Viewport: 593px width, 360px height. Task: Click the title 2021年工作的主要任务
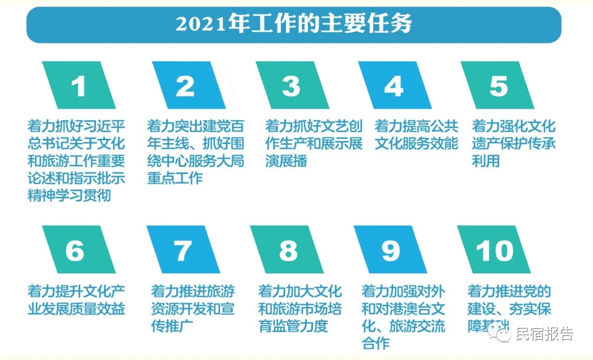(294, 24)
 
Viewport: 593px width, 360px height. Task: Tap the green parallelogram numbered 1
(79, 85)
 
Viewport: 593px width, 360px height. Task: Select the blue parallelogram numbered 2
(189, 85)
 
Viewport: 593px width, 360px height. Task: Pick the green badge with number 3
(292, 85)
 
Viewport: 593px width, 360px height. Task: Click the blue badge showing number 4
(395, 85)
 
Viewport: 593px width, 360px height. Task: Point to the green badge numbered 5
(498, 85)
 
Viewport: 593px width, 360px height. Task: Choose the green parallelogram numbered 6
(79, 249)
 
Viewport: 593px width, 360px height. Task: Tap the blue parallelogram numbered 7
(183, 249)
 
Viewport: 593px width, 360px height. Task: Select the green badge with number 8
(287, 249)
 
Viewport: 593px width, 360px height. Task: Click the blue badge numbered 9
(390, 249)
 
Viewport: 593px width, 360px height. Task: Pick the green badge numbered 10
(494, 249)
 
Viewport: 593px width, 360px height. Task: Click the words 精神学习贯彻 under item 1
(69, 196)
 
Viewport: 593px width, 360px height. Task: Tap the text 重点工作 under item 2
(175, 178)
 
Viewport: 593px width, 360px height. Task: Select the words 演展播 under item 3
(286, 161)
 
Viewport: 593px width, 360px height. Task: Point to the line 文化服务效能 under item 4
(416, 143)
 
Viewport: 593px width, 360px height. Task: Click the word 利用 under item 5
(486, 161)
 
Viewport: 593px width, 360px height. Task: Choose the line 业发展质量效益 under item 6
(76, 309)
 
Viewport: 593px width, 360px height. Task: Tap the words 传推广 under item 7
(172, 326)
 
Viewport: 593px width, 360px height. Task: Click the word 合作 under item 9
(375, 343)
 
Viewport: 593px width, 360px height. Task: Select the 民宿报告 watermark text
(545, 334)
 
